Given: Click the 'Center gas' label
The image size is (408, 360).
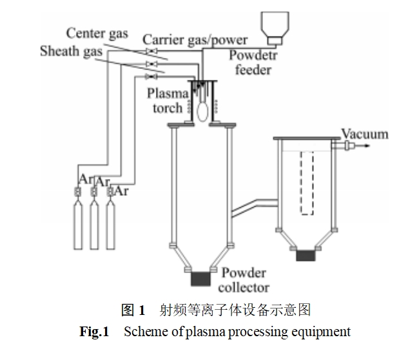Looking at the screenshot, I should [x=97, y=33].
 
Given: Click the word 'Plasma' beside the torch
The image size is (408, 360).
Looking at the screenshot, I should [x=168, y=93].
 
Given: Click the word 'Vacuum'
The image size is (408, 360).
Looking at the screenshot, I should [x=365, y=135].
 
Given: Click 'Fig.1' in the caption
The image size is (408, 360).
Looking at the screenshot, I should [x=93, y=332].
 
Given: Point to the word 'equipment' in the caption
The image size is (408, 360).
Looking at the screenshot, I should [x=322, y=332].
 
